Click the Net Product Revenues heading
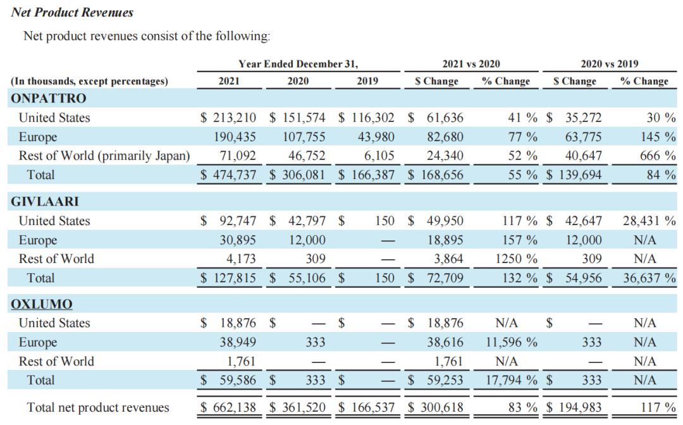(72, 12)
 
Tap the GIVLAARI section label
(45, 201)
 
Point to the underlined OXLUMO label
(42, 304)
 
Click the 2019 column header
(367, 81)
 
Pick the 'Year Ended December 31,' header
(298, 64)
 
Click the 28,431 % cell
(648, 221)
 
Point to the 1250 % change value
(516, 259)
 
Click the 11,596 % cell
(512, 342)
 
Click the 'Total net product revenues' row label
(98, 407)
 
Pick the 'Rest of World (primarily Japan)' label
(104, 156)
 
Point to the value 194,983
(577, 407)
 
